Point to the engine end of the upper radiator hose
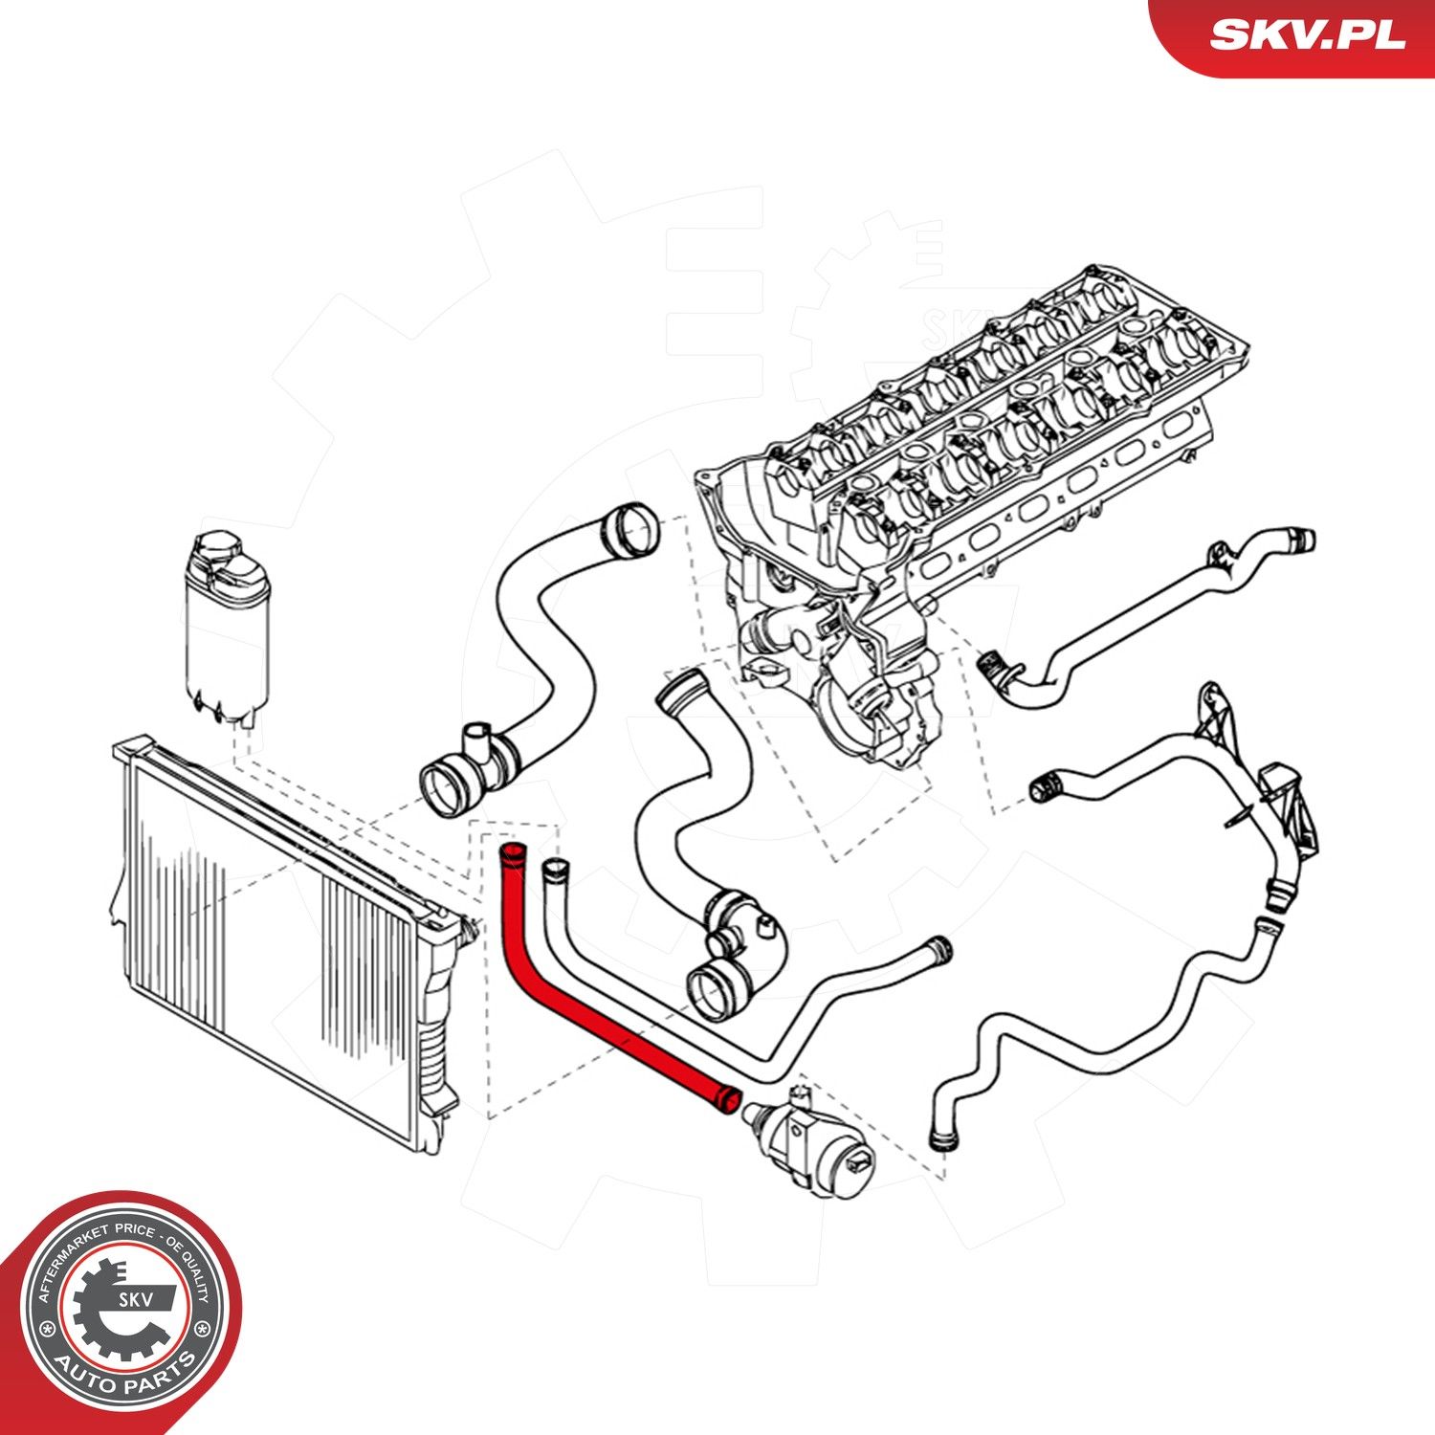632,531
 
